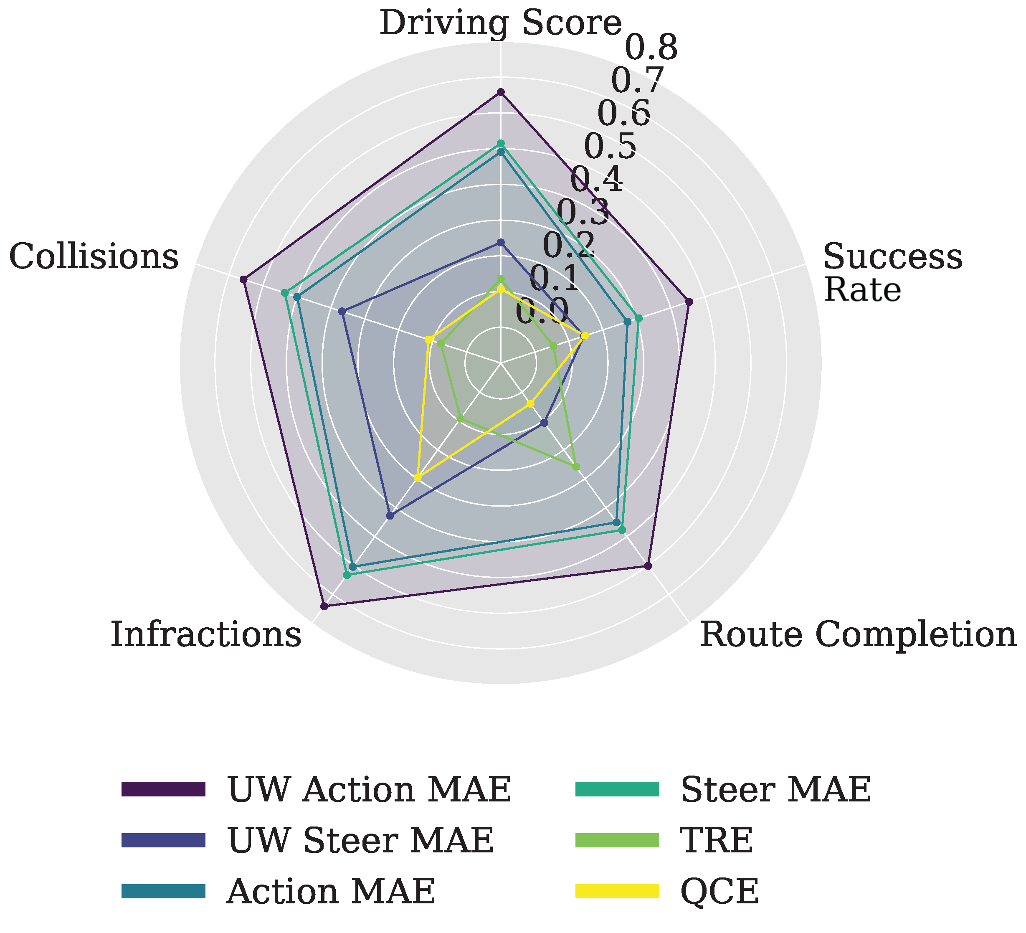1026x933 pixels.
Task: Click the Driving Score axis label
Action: point(501,23)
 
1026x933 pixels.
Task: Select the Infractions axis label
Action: point(206,635)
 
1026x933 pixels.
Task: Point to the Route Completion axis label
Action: point(858,635)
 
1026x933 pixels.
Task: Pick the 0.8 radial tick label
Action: point(651,48)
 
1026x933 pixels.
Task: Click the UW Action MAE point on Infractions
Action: point(324,606)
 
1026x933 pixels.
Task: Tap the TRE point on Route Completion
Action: point(575,466)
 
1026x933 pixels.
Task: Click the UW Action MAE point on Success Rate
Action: point(689,302)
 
